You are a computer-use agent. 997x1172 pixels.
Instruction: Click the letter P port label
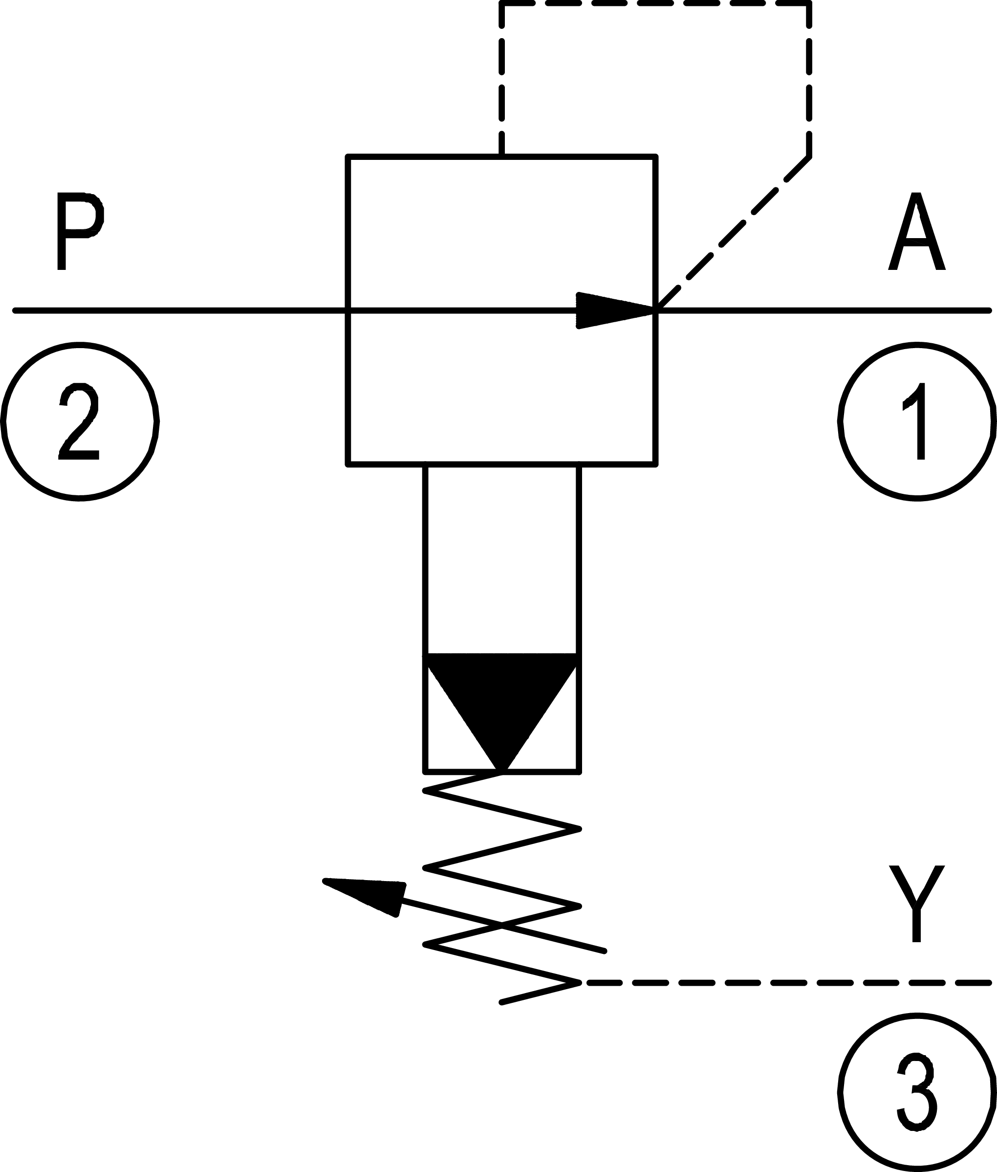80,231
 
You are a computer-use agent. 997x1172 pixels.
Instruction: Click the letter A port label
916,232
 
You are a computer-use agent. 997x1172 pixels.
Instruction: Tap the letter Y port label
916,904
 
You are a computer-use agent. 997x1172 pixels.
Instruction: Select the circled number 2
80,422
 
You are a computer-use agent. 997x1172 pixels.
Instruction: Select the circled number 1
916,422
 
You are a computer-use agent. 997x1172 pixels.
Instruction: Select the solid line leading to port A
820,310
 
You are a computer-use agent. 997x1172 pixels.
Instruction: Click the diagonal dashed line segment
735,232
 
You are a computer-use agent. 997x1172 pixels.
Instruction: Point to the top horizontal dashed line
655,4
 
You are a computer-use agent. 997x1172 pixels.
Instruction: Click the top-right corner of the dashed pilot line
809,4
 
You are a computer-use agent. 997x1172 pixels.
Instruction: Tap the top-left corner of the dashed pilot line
502,4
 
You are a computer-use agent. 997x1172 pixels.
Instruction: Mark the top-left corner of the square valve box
348,156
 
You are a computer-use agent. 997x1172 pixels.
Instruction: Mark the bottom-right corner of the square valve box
655,464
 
